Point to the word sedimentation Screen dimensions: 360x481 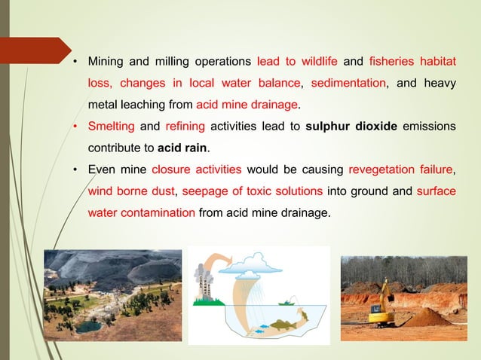[347, 81]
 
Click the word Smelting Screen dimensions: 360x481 [110, 124]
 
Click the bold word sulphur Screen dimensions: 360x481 [332, 124]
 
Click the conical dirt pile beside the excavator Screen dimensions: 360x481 [427, 316]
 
